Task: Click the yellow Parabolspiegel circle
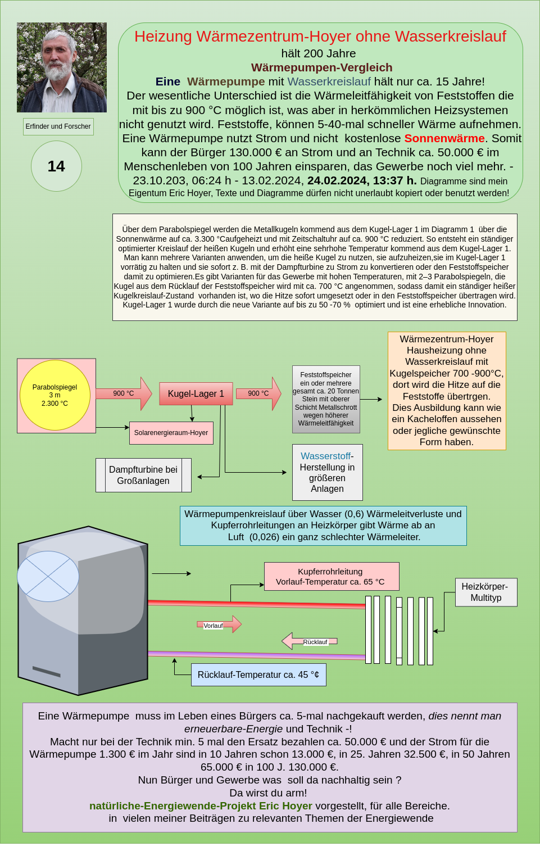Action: (x=55, y=395)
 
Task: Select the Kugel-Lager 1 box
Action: (x=196, y=393)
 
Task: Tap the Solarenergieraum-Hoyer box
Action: (x=171, y=433)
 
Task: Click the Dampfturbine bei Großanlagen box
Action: (x=143, y=475)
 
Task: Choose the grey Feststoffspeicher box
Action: (x=326, y=399)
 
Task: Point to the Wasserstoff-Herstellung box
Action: (x=327, y=472)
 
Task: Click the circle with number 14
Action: (x=56, y=166)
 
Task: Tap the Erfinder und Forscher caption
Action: (x=58, y=126)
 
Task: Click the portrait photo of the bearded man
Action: (x=62, y=67)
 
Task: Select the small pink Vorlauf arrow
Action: (x=220, y=624)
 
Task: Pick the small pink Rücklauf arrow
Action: (x=309, y=641)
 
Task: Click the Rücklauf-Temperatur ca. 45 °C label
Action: (x=258, y=675)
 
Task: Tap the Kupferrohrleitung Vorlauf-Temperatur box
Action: (x=332, y=576)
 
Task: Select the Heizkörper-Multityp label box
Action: (x=485, y=592)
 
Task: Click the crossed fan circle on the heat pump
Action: (x=48, y=576)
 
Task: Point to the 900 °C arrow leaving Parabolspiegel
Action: (x=124, y=393)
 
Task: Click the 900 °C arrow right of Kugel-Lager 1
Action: (x=258, y=393)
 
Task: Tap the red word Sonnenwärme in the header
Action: (x=444, y=138)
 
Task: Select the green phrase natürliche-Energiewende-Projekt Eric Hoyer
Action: (x=201, y=806)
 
